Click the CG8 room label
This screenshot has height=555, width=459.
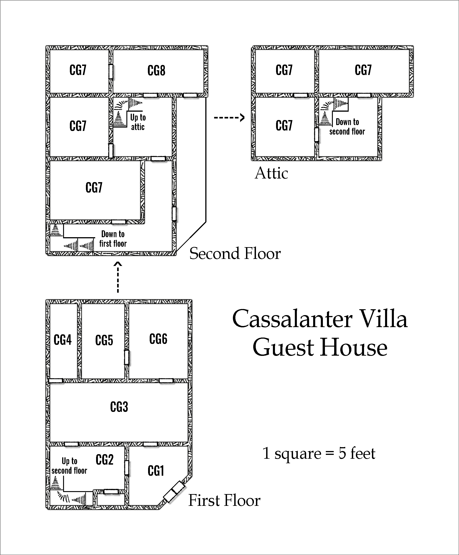coord(156,71)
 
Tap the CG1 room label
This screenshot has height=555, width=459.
coord(156,471)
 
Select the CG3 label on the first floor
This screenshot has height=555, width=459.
coord(119,407)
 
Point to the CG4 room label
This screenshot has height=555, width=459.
coord(62,340)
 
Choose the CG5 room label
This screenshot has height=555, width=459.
coord(104,340)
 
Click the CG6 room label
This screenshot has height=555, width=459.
coord(158,339)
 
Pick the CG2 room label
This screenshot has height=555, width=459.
coord(104,460)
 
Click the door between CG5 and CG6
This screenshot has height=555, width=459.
coord(127,357)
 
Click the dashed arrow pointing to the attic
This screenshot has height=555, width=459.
coord(229,117)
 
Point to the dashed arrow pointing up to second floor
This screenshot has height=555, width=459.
coord(118,277)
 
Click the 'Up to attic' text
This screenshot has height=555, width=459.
coord(138,122)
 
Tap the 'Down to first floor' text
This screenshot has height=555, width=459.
coord(113,239)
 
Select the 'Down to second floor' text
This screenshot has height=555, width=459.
coord(347,127)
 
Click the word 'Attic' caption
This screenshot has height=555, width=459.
coord(271,173)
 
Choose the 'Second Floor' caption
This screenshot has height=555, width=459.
coord(235,253)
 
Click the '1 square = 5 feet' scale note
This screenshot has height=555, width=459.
coord(319,453)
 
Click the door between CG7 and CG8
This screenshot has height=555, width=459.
coord(111,71)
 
